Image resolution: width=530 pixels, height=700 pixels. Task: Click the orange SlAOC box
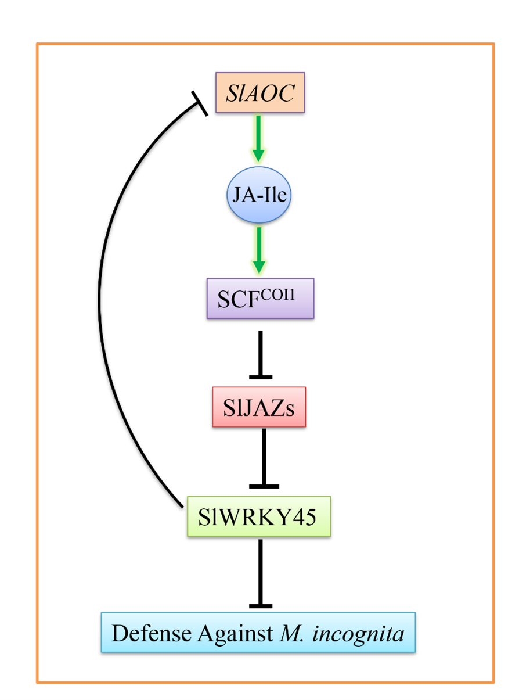coord(259,93)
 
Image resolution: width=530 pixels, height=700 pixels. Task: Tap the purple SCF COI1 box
coord(260,299)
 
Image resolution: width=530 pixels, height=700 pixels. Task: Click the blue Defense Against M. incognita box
coord(258,633)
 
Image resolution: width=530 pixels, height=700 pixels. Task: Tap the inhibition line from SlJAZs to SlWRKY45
coord(264,456)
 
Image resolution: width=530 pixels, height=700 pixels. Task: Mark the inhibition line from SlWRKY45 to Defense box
coord(260,572)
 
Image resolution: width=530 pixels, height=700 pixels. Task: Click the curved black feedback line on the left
coord(100,302)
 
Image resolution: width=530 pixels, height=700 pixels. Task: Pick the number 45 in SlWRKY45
coord(304,516)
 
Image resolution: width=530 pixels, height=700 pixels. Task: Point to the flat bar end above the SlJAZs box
coord(260,377)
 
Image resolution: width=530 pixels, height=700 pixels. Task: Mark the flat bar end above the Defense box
coord(261,606)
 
